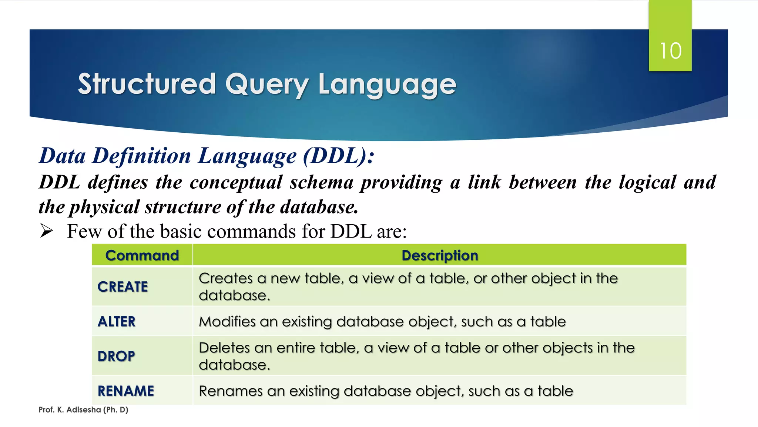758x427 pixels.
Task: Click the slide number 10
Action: tap(670, 51)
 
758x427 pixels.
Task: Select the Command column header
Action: tap(142, 255)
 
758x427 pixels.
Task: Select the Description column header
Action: tap(440, 255)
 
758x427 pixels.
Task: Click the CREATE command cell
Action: tap(123, 287)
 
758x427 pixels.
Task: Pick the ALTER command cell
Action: tap(117, 321)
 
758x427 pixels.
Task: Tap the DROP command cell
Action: tap(116, 356)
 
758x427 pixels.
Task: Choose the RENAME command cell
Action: tap(126, 391)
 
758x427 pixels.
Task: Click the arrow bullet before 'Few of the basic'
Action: tap(47, 231)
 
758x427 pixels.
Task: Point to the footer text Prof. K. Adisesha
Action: tap(83, 410)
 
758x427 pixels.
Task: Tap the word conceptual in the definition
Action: tap(236, 182)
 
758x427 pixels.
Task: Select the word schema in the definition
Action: tap(321, 182)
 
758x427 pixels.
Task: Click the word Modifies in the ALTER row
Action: tap(227, 321)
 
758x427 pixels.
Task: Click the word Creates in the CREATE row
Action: tap(225, 278)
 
